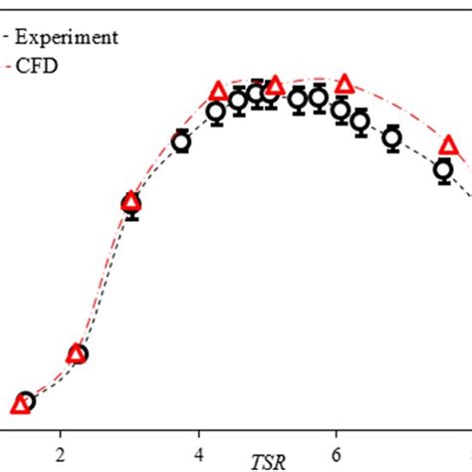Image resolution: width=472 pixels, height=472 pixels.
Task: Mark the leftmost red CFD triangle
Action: click(x=19, y=404)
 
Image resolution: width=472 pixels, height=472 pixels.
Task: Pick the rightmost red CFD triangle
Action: click(x=448, y=147)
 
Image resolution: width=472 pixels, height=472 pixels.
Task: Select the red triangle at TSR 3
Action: click(x=130, y=202)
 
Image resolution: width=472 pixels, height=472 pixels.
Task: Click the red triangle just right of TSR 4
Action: click(x=219, y=93)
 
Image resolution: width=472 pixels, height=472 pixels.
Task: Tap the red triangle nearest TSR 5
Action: click(x=275, y=85)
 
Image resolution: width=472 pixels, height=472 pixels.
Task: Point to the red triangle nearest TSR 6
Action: click(x=345, y=85)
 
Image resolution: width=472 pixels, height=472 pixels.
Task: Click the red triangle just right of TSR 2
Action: click(x=76, y=354)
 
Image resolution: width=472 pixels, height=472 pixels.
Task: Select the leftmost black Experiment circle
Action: click(x=27, y=401)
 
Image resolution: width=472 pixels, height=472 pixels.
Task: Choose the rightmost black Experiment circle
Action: click(x=443, y=170)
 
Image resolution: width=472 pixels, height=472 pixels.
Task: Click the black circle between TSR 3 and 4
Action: click(x=181, y=142)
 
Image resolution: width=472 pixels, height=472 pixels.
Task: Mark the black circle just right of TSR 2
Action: click(x=79, y=354)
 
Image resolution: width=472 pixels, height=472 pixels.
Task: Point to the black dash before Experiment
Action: click(x=9, y=38)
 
